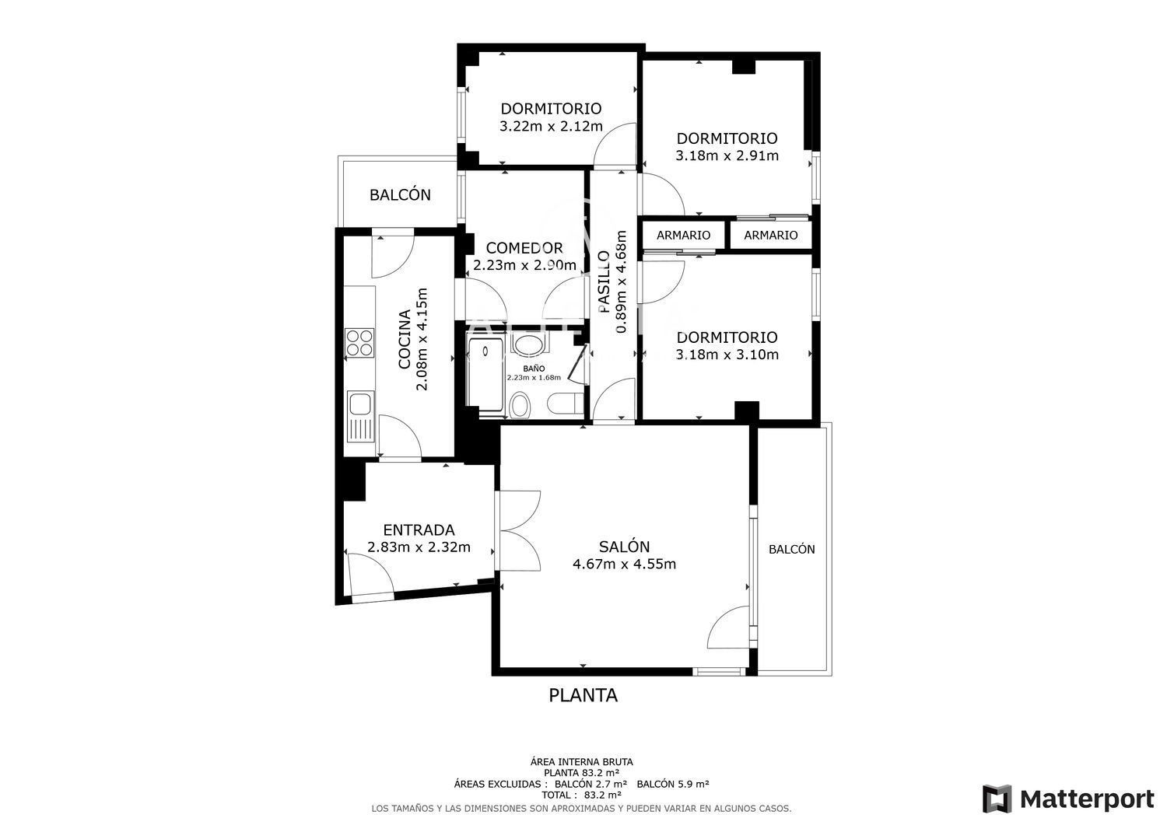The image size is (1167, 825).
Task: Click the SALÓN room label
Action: coord(624,547)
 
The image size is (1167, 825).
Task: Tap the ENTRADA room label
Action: coord(419,530)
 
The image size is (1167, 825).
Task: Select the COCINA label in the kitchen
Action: coord(405,340)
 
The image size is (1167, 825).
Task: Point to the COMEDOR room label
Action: coord(524,248)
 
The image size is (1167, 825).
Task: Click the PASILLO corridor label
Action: coord(604,281)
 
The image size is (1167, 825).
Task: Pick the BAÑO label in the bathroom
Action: coord(534,369)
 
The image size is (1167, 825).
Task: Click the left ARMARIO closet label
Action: coord(684,236)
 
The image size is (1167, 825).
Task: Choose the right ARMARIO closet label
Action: coord(770,236)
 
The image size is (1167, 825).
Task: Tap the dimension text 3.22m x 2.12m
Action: coord(551,126)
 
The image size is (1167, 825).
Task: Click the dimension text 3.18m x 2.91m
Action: coord(727,156)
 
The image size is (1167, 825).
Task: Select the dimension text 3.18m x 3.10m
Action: coord(727,355)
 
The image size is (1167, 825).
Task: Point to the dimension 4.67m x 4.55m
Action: coord(624,564)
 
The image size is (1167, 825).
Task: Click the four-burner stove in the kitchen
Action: coord(359,343)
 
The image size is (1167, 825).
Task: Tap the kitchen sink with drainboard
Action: coord(360,417)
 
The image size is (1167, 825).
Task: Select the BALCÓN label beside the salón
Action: coord(792,550)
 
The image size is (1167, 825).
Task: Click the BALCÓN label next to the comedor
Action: coord(400,195)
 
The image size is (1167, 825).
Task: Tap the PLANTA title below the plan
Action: coord(583,695)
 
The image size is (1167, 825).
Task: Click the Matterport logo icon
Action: coord(997,799)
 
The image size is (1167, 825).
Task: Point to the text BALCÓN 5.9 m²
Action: coord(673,784)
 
